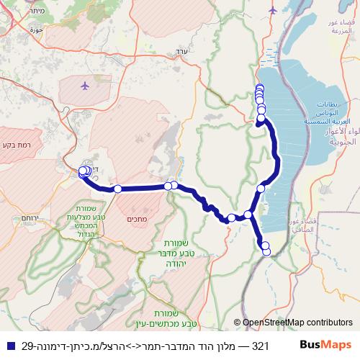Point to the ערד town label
click(180, 52)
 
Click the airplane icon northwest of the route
click(86, 86)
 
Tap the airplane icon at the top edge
click(272, 9)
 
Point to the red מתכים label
click(136, 219)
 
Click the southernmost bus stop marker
click(266, 251)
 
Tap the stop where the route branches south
click(248, 215)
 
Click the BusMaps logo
click(325, 346)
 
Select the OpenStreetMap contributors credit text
click(297, 323)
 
